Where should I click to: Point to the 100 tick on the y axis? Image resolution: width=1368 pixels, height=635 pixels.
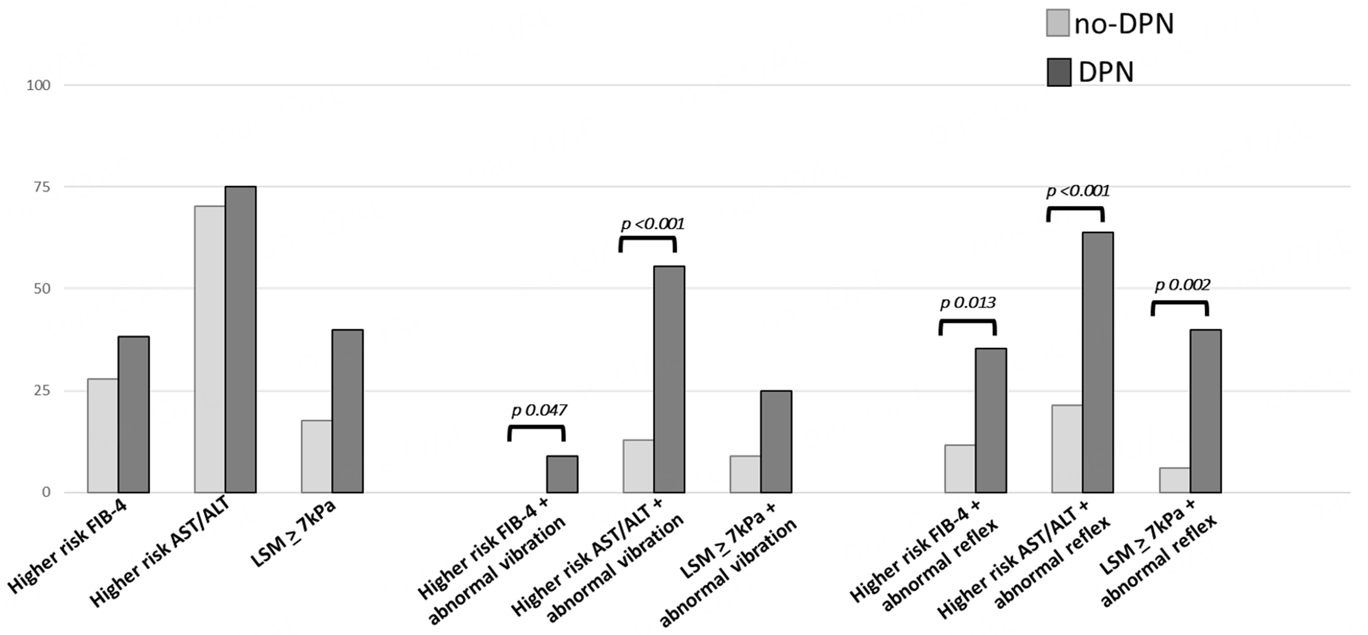click(x=38, y=86)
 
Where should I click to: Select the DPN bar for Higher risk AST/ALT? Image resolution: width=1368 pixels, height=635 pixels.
click(x=241, y=340)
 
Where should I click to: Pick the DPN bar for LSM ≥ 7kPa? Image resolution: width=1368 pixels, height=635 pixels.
click(x=348, y=411)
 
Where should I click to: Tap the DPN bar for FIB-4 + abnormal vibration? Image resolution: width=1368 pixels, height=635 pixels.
click(x=562, y=474)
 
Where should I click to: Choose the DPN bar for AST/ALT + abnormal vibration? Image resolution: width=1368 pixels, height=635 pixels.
click(x=669, y=379)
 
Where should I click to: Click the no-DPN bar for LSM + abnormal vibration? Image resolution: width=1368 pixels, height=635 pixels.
click(x=745, y=474)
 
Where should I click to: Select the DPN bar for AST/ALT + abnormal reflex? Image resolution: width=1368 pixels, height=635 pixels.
click(x=1098, y=362)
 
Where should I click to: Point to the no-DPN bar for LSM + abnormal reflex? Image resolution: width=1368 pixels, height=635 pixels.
click(x=1174, y=480)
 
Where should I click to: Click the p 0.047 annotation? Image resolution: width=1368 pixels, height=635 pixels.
click(x=539, y=410)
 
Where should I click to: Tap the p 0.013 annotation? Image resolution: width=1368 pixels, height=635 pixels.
click(x=968, y=303)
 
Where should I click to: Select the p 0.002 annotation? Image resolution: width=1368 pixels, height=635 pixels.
click(x=1182, y=285)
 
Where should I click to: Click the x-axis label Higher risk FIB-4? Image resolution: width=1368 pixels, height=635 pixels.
click(x=71, y=552)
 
